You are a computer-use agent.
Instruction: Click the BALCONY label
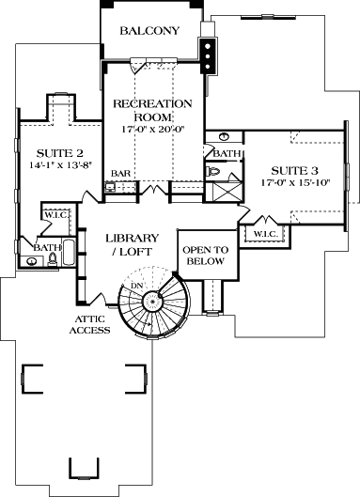pos(149,31)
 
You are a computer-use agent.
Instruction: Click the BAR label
pos(120,174)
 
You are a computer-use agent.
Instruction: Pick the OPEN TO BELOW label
pos(203,256)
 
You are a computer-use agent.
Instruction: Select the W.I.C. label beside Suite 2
pos(53,214)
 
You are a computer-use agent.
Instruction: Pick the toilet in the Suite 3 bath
pos(214,173)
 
